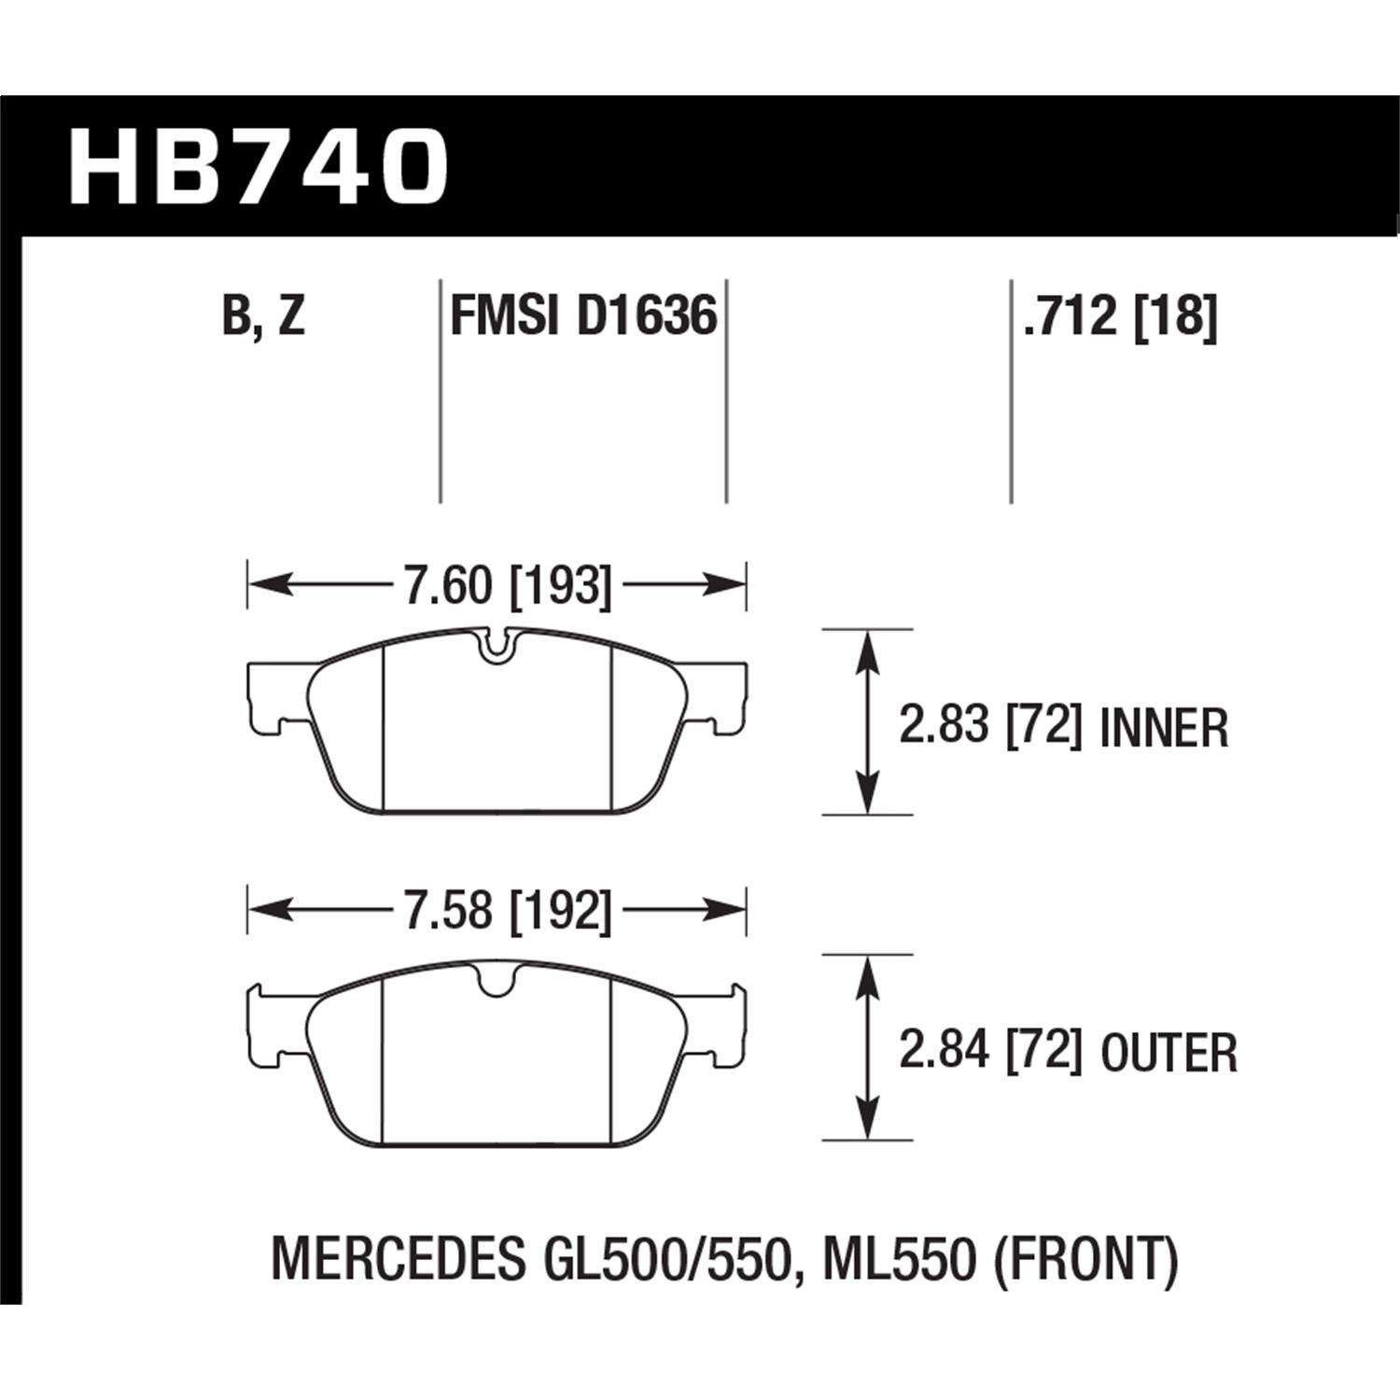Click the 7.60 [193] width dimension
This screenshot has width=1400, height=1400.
tap(507, 586)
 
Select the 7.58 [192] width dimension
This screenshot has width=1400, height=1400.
tap(507, 911)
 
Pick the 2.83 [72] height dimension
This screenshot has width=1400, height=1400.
tap(990, 726)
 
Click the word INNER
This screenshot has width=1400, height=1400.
tap(1164, 728)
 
